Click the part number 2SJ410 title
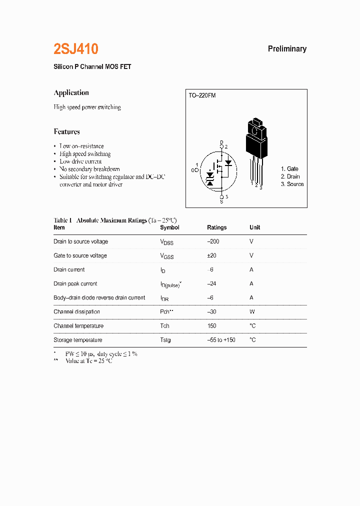point(76,49)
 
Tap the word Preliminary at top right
point(287,49)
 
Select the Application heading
point(71,92)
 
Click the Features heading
point(66,132)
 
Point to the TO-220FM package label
point(202,95)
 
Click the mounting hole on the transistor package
point(255,131)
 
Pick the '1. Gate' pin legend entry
point(289,169)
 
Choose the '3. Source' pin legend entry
point(292,184)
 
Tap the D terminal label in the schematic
point(222,143)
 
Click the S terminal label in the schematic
point(222,201)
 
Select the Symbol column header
point(169,227)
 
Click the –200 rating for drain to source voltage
point(213,241)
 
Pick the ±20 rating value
point(212,255)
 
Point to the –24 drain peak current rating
point(212,283)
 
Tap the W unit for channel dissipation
point(252,311)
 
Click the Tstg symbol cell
point(165,340)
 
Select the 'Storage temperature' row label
point(77,340)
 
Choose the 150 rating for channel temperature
point(211,326)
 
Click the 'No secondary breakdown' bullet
point(89,169)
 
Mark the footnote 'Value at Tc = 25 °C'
point(89,361)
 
